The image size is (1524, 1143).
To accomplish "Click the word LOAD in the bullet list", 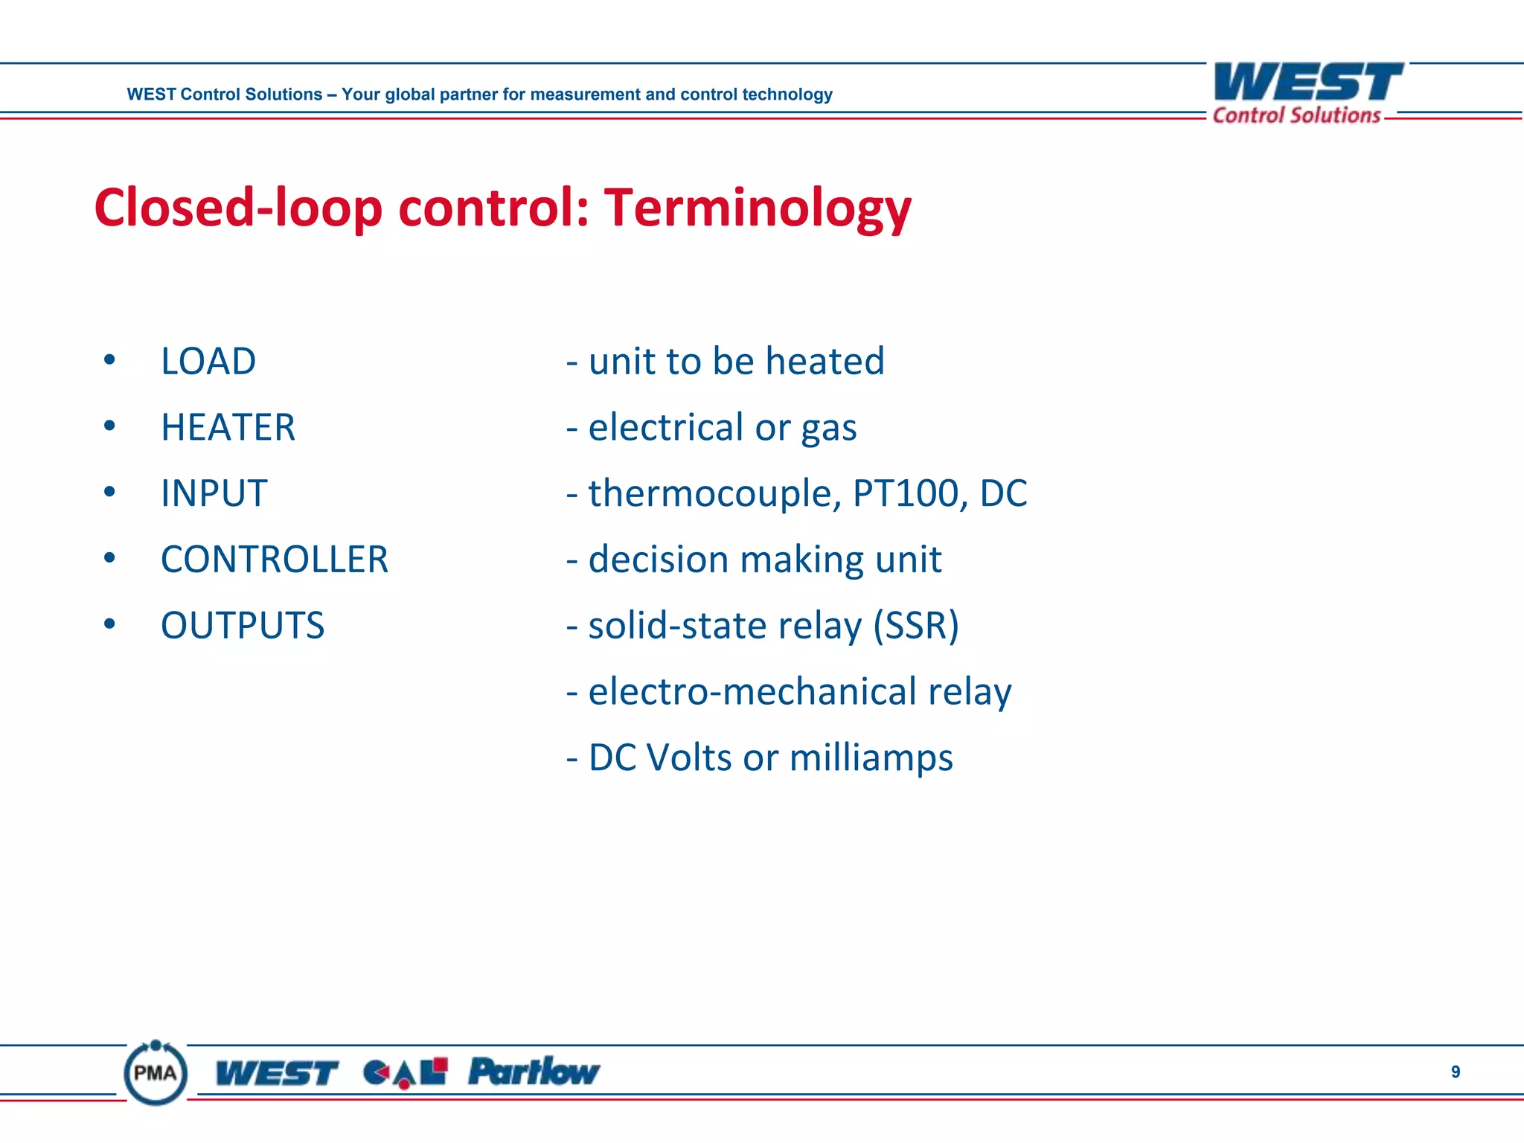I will pos(208,362).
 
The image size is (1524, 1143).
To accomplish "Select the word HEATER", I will pos(228,428).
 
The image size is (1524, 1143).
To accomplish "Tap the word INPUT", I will pos(214,494).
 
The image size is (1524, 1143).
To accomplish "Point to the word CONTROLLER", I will pos(275,560).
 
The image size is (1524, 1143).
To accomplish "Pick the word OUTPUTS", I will pos(243,626).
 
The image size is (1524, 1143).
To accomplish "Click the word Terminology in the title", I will pos(757,208).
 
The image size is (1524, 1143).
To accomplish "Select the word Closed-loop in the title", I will pos(238,208).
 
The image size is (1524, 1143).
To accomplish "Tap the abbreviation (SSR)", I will pos(916,626).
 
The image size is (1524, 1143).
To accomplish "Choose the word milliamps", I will pos(871,758).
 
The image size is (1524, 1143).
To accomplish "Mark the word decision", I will pos(659,560).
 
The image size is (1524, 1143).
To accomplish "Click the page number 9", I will pos(1456,1072).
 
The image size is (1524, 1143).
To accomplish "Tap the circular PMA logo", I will pos(156,1072).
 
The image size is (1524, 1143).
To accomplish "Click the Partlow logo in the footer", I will pos(534,1072).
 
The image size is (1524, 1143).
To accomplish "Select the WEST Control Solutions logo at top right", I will pos(1307,93).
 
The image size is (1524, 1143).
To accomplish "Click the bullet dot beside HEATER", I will pos(110,426).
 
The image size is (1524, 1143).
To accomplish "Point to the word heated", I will pos(825,362).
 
